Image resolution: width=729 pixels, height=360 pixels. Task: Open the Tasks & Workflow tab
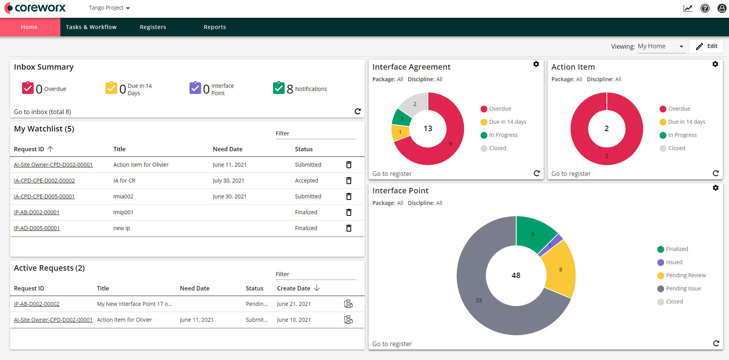coord(91,27)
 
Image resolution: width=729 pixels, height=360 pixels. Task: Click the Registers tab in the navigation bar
coord(153,27)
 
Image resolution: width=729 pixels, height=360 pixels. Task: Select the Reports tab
coord(215,27)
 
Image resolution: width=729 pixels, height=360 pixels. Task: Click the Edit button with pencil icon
coord(706,46)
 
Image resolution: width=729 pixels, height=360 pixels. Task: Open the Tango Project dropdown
coord(109,8)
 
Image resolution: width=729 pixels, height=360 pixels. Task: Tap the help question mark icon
coord(705,8)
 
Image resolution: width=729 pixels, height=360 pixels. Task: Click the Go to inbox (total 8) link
coord(43,112)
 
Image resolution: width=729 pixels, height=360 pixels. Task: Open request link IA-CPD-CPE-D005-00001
coord(44,196)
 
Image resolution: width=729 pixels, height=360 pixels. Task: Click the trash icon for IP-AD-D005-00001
coord(348,228)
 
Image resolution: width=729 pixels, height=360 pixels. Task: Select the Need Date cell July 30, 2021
coord(228,181)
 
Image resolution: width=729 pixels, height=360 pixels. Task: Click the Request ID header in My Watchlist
coord(29,149)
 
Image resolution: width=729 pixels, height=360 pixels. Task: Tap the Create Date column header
coord(294,288)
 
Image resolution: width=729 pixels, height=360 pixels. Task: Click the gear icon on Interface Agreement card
coord(536,64)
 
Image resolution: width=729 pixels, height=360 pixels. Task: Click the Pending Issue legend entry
coord(683,288)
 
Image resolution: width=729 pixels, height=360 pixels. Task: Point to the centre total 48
coord(516,275)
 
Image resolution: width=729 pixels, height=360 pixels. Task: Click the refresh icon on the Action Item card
coord(715,173)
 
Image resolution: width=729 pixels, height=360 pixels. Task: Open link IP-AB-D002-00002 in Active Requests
coord(37,304)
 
